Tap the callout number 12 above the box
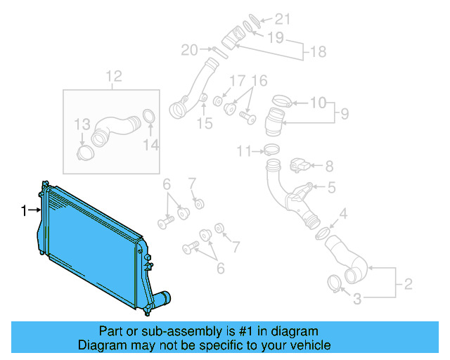[114, 76]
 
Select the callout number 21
[281, 19]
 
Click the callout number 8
[329, 167]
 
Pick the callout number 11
[243, 150]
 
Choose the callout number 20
[189, 50]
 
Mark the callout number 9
[344, 113]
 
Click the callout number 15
[204, 124]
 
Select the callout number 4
[343, 214]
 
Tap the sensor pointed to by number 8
[299, 166]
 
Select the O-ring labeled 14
[149, 117]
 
